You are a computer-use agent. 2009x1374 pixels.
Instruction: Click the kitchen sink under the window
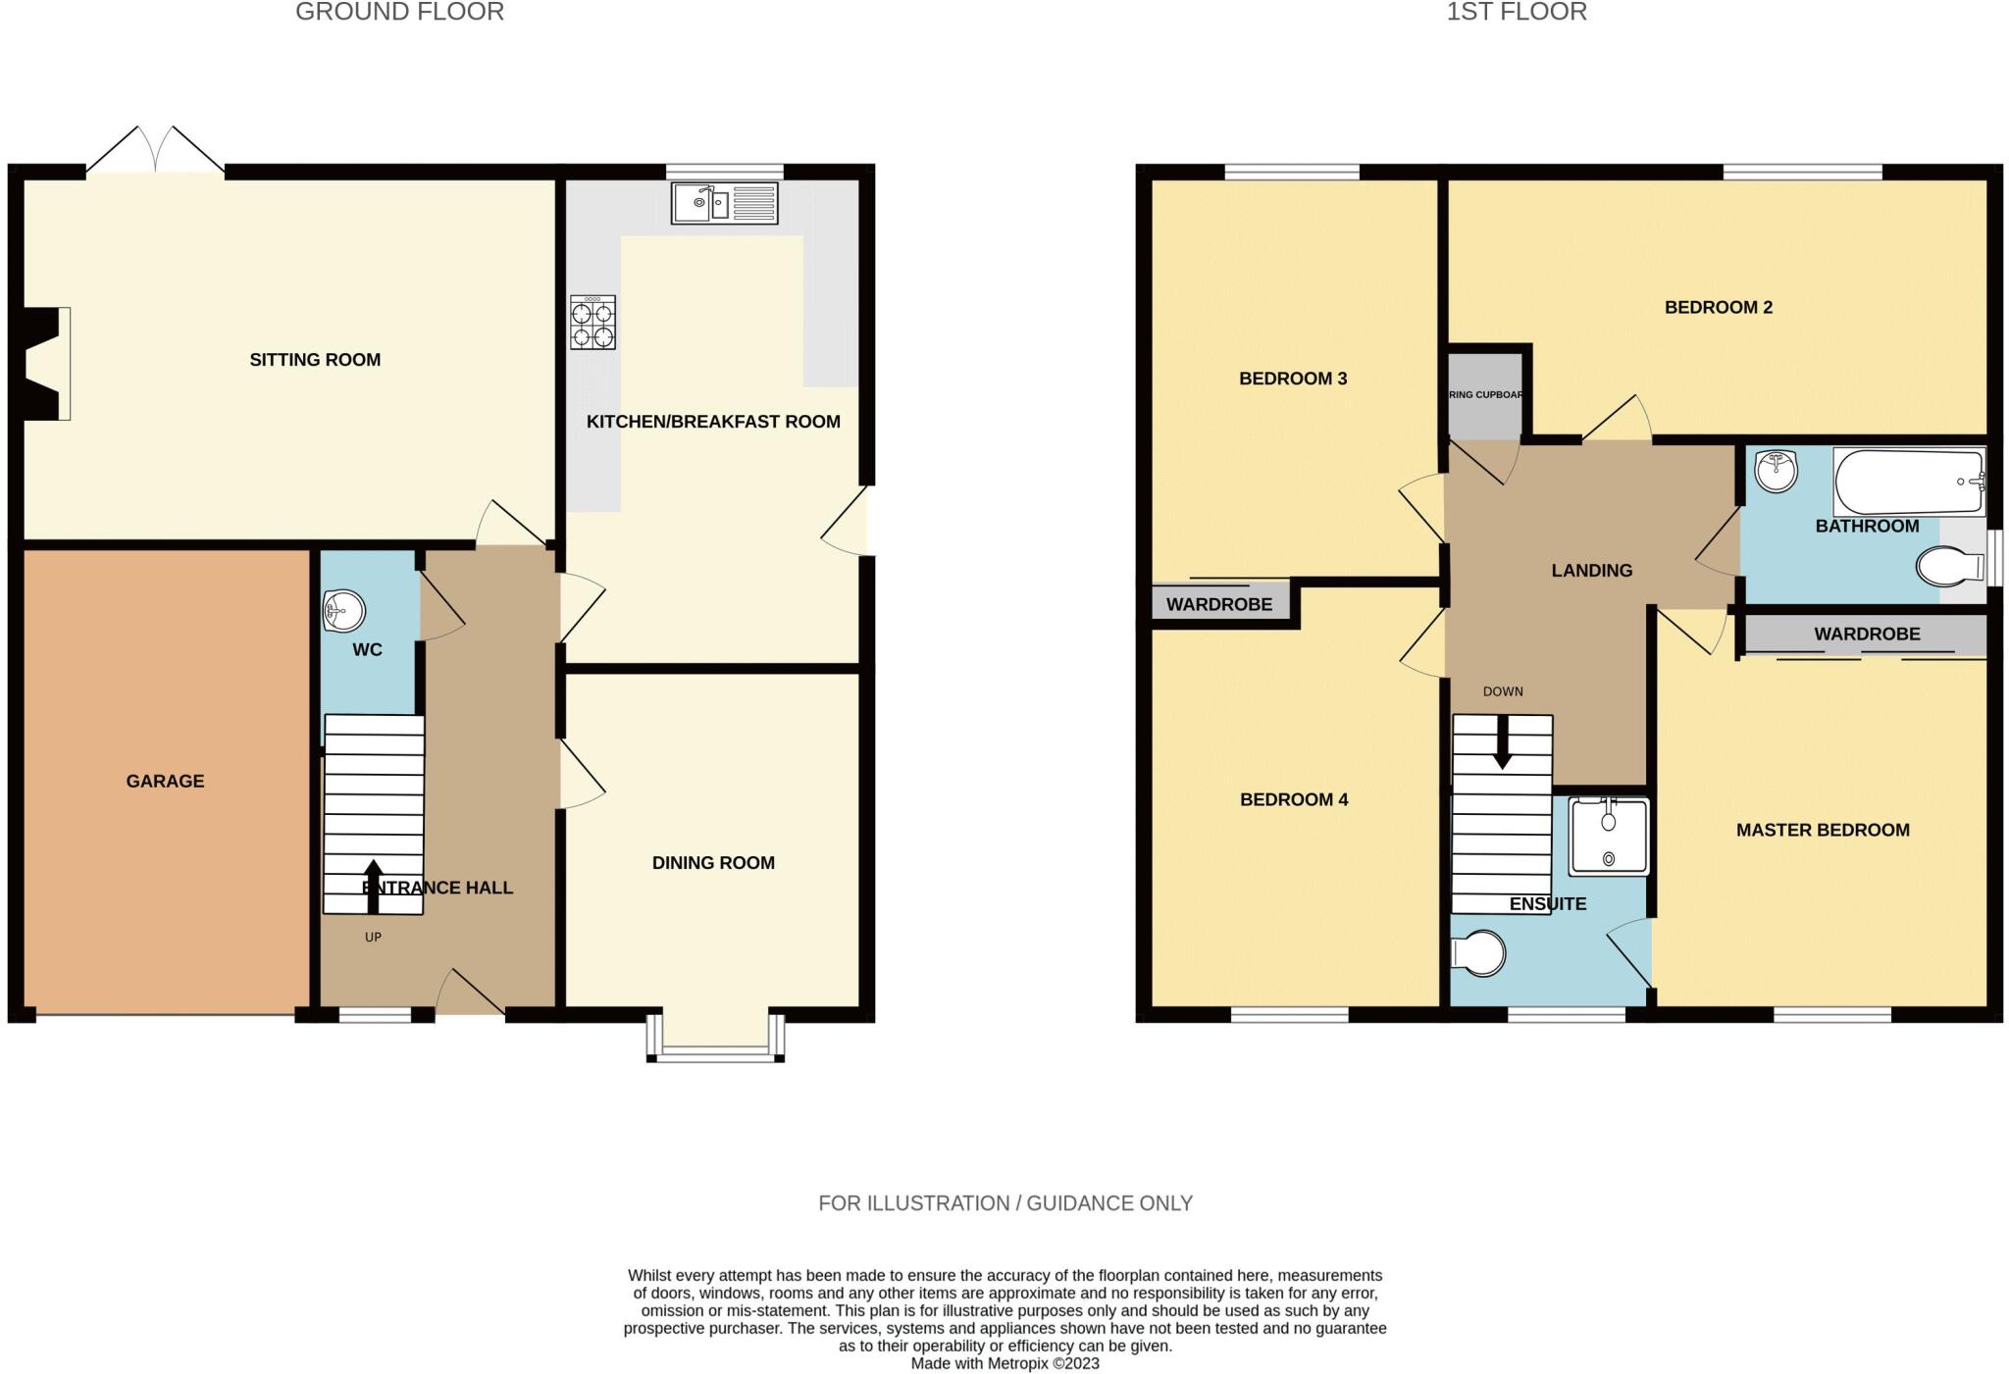pos(724,203)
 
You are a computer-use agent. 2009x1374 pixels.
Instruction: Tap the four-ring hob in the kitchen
pos(593,323)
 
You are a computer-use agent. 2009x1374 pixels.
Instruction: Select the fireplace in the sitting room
pos(45,364)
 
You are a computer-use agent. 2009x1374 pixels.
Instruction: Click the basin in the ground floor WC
pos(343,612)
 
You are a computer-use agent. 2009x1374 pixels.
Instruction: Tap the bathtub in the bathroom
pos(1908,482)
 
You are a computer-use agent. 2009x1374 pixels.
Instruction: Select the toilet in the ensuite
pos(1479,952)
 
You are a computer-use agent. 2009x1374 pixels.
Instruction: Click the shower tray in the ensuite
pos(1609,836)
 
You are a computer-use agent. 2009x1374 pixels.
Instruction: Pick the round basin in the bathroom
pos(1776,472)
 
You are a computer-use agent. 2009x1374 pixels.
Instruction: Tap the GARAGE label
pos(165,782)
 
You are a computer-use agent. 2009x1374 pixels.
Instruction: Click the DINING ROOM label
pos(713,863)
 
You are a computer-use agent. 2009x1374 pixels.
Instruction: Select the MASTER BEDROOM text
pos(1823,831)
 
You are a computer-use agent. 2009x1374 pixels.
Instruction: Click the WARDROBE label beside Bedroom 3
pos(1218,605)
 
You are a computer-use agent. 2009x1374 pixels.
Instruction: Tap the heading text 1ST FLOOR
pos(1516,13)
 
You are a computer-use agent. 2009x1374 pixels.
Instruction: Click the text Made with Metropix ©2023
pos(1004,1363)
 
